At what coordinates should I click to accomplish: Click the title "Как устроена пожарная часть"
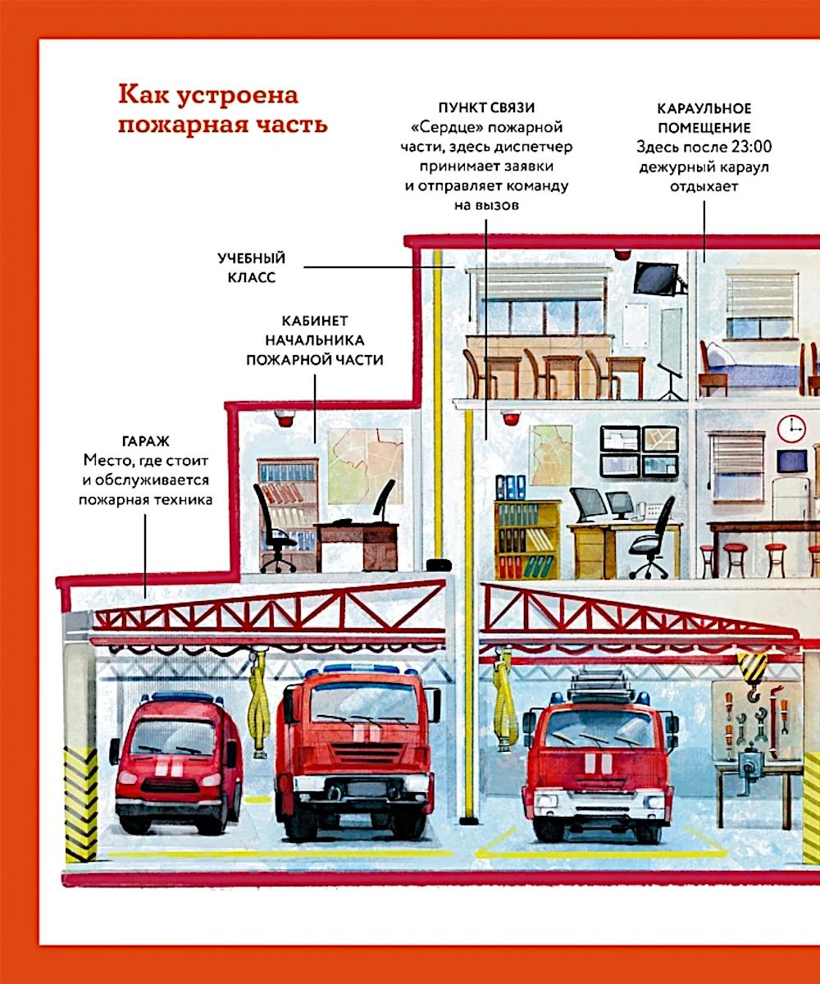click(222, 109)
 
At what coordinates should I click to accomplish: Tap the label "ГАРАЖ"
click(146, 442)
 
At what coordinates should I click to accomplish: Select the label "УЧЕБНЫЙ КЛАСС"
click(251, 267)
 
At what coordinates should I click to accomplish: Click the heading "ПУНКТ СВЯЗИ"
click(486, 108)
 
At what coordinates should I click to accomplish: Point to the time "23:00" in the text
click(751, 147)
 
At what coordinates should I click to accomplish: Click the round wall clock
click(792, 428)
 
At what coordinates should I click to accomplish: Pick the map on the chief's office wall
click(366, 467)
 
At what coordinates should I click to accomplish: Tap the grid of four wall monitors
click(640, 452)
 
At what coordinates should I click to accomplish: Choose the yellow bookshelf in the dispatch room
click(528, 540)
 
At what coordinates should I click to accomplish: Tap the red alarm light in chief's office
click(285, 418)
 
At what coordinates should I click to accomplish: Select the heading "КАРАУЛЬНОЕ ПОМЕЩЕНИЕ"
click(704, 118)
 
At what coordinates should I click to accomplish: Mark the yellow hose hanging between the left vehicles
click(259, 703)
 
